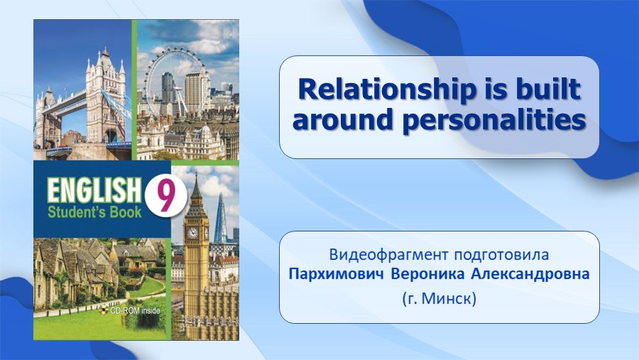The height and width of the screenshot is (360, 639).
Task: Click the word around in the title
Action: pyautogui.click(x=344, y=119)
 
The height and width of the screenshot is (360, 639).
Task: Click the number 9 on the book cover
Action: pyautogui.click(x=165, y=196)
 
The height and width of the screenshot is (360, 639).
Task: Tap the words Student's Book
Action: pyautogui.click(x=94, y=212)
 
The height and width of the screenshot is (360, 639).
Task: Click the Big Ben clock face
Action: pyautogui.click(x=192, y=233)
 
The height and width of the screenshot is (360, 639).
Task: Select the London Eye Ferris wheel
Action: pyautogui.click(x=175, y=81)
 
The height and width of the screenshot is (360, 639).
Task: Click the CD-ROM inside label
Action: pyautogui.click(x=133, y=311)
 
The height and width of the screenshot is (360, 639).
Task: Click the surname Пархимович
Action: pyautogui.click(x=337, y=274)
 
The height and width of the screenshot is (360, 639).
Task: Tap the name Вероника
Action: pyautogui.click(x=427, y=274)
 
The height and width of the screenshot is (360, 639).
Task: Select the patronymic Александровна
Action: pyautogui.click(x=530, y=274)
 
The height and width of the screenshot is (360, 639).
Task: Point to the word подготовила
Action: pyautogui.click(x=501, y=255)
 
